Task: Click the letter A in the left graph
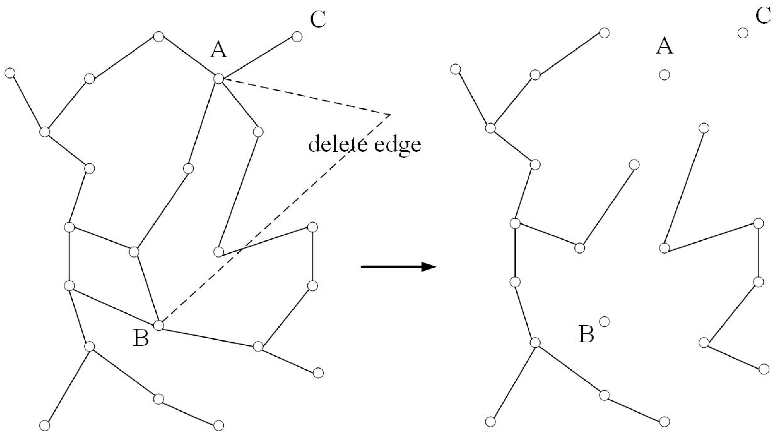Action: coord(219,50)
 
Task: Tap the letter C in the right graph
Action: coord(763,16)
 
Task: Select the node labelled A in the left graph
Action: coord(219,79)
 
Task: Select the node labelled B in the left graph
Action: coord(158,325)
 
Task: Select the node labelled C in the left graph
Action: coord(297,37)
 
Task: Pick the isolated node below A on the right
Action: coord(664,75)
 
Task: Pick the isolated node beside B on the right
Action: coord(604,321)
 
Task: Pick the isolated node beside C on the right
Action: coord(743,32)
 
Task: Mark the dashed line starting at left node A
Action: coord(304,97)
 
